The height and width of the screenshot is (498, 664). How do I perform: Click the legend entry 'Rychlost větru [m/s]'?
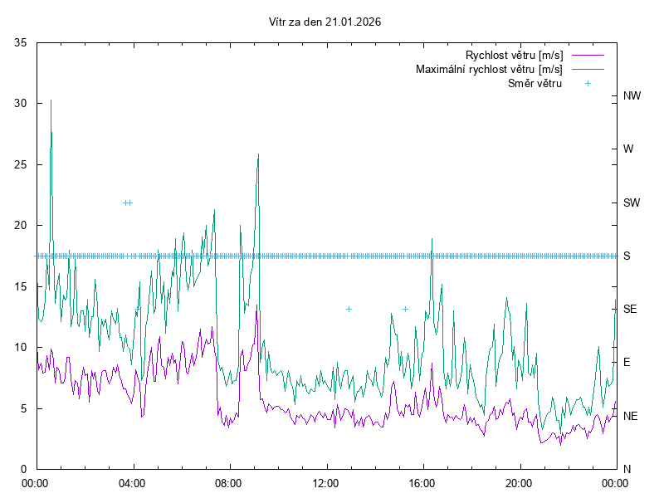[x=515, y=56]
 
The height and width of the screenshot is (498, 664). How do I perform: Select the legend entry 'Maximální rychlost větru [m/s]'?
[x=489, y=69]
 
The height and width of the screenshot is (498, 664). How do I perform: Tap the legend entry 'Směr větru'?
[x=535, y=83]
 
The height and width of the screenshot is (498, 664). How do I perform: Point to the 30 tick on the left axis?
[x=22, y=104]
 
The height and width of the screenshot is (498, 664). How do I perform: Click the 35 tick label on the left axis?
[x=22, y=42]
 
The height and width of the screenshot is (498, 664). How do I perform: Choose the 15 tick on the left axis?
[x=22, y=286]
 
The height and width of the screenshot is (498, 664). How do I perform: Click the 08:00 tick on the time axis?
[x=228, y=482]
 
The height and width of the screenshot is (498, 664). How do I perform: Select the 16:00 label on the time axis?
[x=422, y=482]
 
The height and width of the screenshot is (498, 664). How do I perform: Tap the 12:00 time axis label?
[x=325, y=482]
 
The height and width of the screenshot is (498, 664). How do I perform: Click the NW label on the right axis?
[x=632, y=96]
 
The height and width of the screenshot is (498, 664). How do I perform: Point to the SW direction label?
[x=632, y=203]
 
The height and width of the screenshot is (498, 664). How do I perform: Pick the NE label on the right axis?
[x=632, y=416]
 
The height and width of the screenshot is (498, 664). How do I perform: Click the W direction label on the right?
[x=628, y=149]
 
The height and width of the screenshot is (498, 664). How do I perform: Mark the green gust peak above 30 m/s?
[x=51, y=100]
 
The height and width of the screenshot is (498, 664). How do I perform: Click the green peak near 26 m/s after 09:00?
[x=259, y=154]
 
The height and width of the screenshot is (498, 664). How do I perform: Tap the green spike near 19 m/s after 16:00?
[x=432, y=239]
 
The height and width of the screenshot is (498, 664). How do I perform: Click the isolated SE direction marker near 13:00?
[x=349, y=309]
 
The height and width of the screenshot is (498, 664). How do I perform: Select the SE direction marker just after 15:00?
[x=405, y=309]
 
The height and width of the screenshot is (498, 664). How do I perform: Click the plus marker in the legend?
[x=587, y=83]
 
